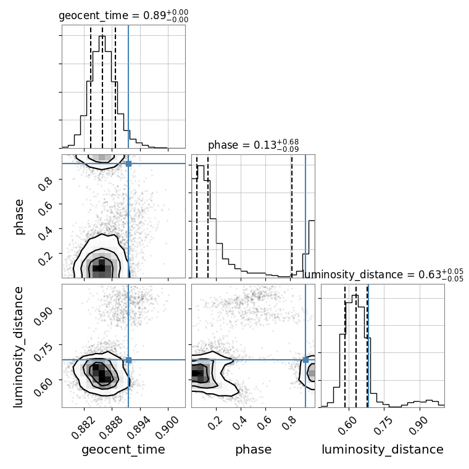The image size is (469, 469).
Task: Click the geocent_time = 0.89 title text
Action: coord(123,15)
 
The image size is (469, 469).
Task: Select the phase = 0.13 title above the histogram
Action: coord(254,145)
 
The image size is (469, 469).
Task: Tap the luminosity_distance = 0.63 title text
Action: coord(383,275)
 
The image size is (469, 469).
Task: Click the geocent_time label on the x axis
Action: coord(123,449)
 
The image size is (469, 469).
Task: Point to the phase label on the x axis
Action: coord(254,449)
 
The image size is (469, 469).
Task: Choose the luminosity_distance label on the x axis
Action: coord(383,449)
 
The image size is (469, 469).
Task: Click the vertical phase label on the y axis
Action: coord(19,217)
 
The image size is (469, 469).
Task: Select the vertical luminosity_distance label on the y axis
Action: coord(18,347)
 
